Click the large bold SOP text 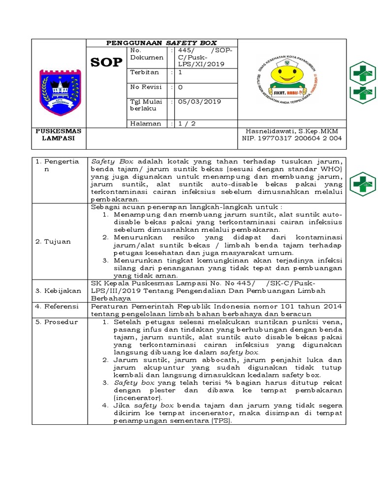click(106, 63)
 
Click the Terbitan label click(144, 72)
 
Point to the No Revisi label click(146, 87)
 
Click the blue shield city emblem click(59, 92)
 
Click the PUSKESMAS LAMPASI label click(59, 135)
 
